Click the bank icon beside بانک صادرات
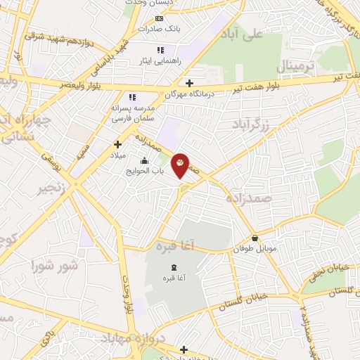[160, 18]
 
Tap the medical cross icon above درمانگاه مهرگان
[189, 83]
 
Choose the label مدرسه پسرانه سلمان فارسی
[129, 115]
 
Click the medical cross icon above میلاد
[118, 143]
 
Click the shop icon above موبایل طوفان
[255, 238]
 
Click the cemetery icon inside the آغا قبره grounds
[173, 266]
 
